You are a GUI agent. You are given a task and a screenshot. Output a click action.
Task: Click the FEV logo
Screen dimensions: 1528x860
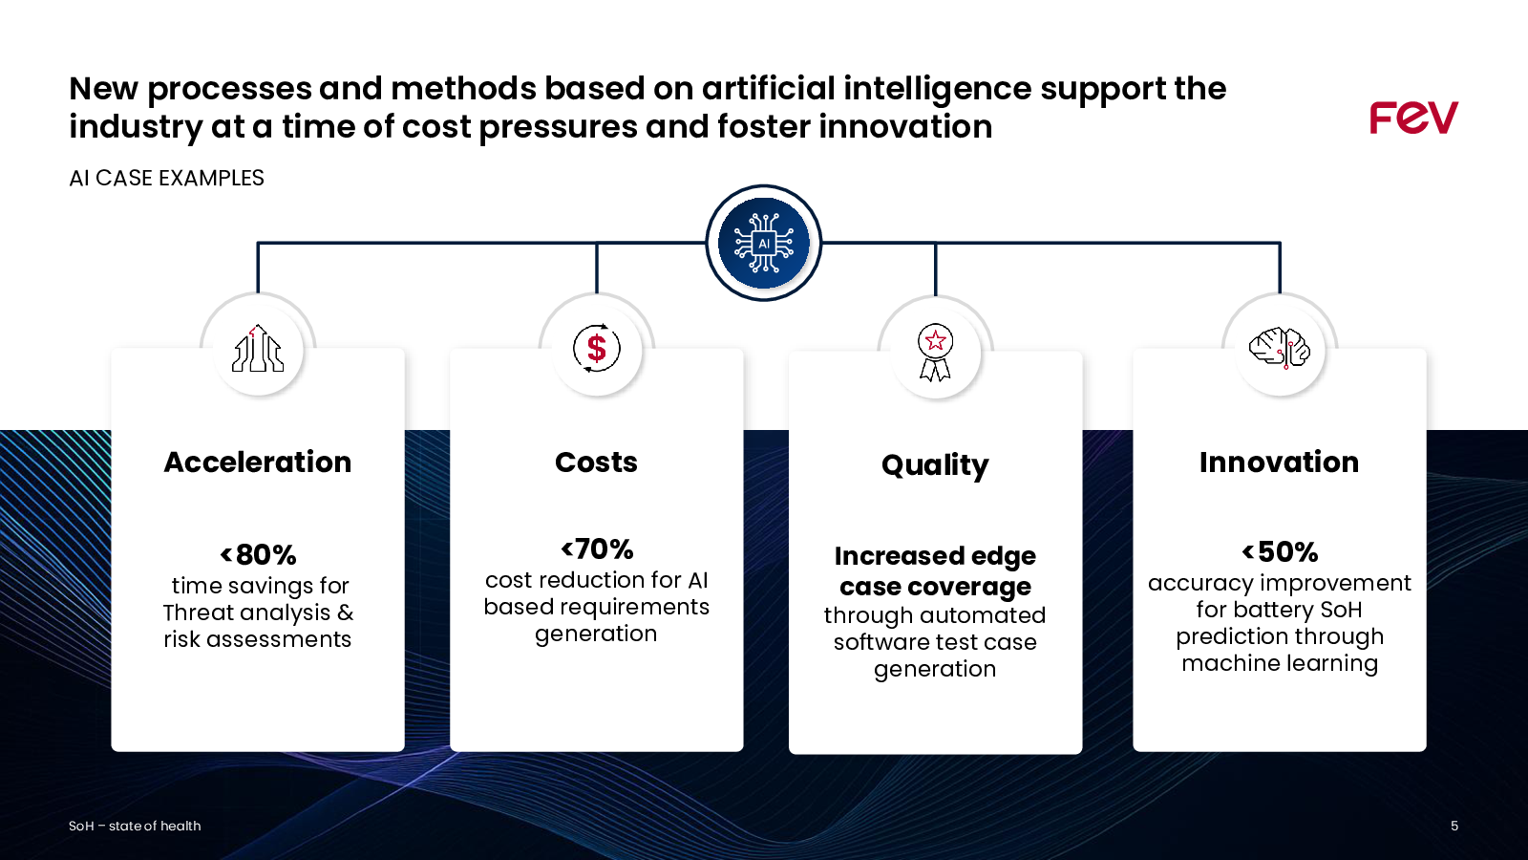point(1413,118)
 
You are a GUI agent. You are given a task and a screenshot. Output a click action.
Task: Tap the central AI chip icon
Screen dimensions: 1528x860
point(764,243)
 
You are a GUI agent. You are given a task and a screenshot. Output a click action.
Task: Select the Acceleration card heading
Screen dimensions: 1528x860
point(258,462)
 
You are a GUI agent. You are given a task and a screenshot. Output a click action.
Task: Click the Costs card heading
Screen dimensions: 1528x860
point(596,462)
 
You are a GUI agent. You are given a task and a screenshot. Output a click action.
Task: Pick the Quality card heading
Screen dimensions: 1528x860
point(935,465)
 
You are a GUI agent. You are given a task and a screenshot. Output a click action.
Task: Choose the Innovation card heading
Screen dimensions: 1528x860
point(1279,462)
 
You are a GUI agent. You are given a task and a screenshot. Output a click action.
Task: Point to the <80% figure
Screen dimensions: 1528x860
point(258,554)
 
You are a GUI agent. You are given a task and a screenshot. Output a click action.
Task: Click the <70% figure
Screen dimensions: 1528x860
point(597,548)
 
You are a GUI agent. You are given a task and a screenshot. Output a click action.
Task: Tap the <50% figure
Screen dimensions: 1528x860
point(1280,551)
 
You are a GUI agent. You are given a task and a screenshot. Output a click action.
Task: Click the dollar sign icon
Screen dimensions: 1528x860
point(597,348)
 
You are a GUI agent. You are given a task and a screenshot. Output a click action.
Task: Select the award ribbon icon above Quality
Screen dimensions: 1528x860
point(935,353)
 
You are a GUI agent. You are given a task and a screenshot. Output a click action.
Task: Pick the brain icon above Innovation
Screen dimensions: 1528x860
point(1280,348)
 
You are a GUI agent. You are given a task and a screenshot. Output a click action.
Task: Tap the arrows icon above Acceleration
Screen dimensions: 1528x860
point(258,348)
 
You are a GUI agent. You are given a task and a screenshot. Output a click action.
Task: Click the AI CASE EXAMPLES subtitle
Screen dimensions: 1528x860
point(166,178)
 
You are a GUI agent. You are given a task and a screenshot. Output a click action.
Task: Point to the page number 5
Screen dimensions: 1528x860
point(1454,826)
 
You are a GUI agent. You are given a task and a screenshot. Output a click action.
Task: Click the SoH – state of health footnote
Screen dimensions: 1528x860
point(135,826)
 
